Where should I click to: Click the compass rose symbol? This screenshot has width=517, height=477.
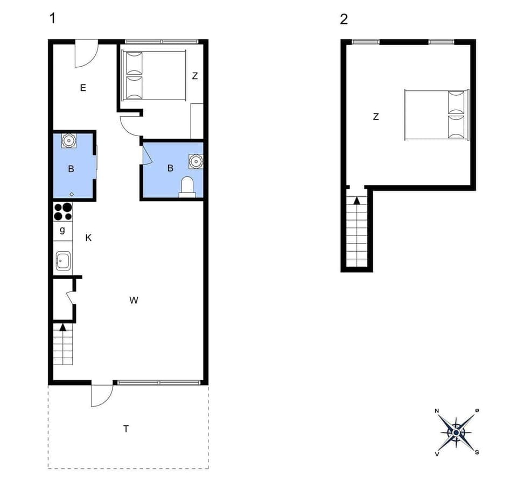click(456, 432)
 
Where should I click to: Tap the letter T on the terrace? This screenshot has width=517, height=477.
click(126, 429)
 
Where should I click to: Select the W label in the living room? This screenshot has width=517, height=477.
click(134, 301)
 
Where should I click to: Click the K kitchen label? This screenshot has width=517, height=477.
click(88, 237)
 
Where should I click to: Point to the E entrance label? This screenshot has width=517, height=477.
click(83, 88)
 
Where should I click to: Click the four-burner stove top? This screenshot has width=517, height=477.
click(63, 211)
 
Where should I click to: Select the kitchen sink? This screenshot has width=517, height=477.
click(63, 262)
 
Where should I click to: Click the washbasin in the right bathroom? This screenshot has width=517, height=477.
click(195, 161)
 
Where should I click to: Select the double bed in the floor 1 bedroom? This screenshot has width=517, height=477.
click(153, 75)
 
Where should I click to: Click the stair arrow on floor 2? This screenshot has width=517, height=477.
click(357, 201)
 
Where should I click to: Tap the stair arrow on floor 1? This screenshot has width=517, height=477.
click(63, 326)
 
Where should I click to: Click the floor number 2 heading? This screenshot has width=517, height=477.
click(344, 19)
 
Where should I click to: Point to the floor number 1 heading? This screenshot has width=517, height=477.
click(52, 18)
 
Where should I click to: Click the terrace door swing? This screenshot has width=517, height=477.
click(101, 396)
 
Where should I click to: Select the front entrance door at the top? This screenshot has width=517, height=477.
click(85, 54)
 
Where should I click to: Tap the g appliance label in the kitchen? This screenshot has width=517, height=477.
click(62, 230)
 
